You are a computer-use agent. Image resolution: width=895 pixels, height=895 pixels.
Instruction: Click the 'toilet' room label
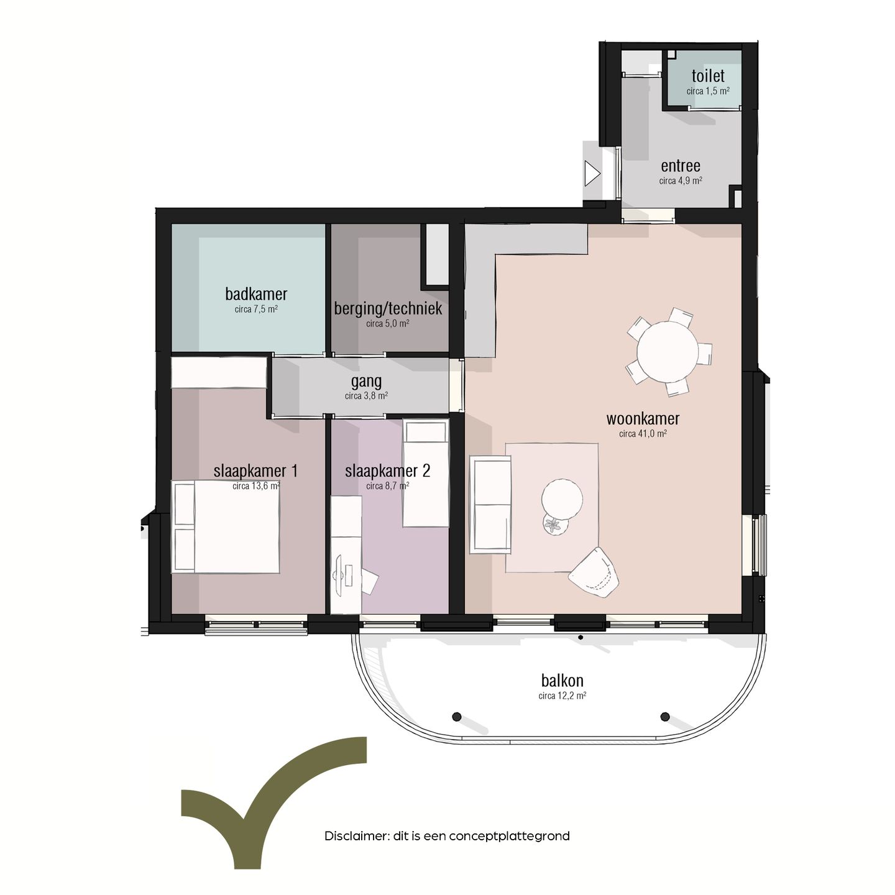(x=708, y=76)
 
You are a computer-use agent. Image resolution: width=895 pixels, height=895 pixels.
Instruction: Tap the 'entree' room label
(x=681, y=166)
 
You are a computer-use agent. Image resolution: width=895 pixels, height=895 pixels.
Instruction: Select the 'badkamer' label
(x=256, y=294)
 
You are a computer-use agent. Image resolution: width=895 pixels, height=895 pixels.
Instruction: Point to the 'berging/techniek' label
(x=388, y=308)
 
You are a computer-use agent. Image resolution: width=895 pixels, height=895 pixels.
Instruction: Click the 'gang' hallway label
(x=366, y=382)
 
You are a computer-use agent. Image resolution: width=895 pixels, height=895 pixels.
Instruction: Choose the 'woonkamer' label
(x=643, y=419)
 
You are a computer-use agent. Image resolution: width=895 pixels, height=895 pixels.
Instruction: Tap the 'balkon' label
(x=562, y=681)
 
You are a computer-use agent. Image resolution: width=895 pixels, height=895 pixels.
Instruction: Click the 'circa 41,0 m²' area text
(x=643, y=434)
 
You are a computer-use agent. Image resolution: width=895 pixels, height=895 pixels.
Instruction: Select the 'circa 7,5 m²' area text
(x=256, y=309)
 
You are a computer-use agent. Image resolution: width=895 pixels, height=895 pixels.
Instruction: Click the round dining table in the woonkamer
(x=668, y=352)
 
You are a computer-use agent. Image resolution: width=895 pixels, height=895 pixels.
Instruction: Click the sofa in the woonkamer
(x=490, y=504)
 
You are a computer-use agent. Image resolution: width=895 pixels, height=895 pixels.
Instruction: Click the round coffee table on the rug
(x=562, y=498)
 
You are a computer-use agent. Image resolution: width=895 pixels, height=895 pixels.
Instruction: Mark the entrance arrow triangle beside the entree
(x=591, y=173)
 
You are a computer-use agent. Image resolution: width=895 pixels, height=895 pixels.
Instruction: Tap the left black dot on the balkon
(x=457, y=717)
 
